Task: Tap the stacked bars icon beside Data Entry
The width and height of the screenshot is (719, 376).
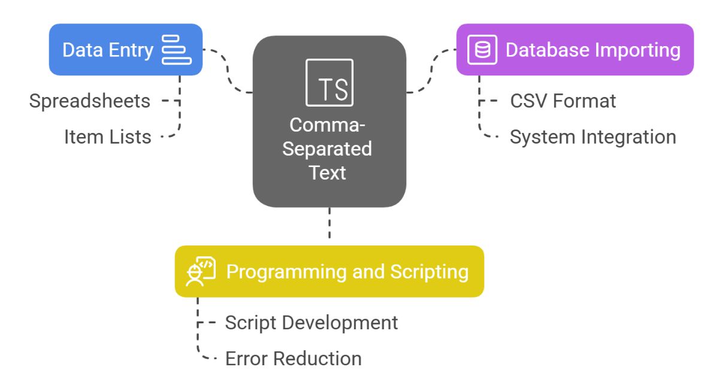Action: coord(177,50)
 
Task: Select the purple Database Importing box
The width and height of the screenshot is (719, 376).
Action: coord(575,50)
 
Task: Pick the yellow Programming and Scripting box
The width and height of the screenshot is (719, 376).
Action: coord(329,271)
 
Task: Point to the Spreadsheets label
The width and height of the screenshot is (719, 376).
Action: coord(90,101)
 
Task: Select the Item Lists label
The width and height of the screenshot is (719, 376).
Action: coord(108,137)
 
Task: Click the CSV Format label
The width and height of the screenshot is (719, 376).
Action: coord(563,101)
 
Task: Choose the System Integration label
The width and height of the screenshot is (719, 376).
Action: coord(593,137)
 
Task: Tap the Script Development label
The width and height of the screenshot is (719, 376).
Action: coord(311,322)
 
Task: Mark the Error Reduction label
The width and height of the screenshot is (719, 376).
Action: coord(293,358)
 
